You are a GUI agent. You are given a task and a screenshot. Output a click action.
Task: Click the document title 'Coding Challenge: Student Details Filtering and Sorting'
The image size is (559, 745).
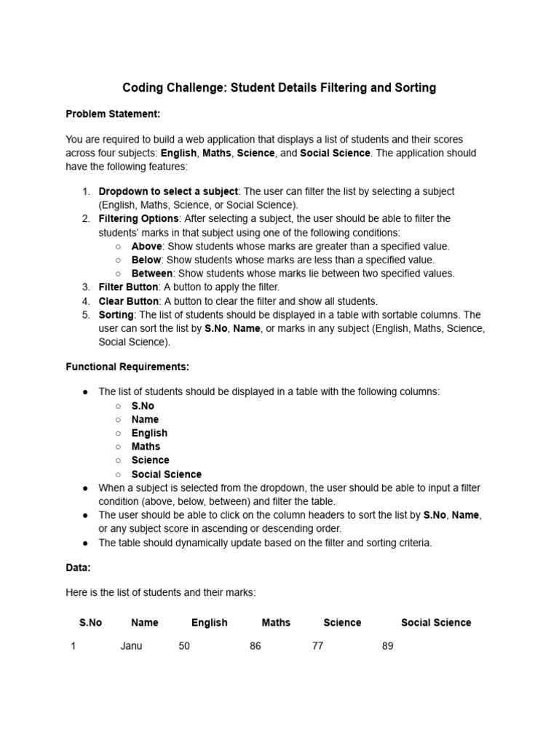click(x=279, y=88)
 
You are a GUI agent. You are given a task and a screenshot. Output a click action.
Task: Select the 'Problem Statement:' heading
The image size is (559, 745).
click(x=113, y=113)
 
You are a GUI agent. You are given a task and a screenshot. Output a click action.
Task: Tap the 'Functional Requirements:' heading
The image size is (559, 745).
click(x=127, y=367)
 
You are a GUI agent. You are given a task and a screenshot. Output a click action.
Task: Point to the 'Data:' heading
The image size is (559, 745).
click(x=78, y=567)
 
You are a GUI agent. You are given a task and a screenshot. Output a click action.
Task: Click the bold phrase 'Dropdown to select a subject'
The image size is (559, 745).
click(x=168, y=191)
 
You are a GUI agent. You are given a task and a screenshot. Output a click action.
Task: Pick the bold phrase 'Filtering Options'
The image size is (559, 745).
click(x=138, y=218)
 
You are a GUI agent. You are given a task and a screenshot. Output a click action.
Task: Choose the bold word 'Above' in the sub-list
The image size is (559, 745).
click(x=147, y=246)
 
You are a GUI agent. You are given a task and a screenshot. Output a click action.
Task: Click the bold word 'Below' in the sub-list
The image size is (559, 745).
click(x=147, y=260)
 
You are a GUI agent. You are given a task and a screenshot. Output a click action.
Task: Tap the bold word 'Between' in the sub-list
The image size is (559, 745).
click(x=151, y=274)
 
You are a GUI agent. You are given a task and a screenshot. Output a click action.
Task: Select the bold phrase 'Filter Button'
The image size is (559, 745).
click(x=128, y=287)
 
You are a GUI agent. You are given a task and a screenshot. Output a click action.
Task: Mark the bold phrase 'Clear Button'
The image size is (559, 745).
click(x=128, y=301)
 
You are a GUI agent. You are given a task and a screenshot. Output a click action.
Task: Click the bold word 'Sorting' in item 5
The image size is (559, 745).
click(x=116, y=315)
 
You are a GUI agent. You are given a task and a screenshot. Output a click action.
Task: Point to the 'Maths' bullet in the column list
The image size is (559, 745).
click(x=146, y=447)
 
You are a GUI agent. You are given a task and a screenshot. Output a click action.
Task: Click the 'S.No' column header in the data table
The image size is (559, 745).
click(x=90, y=623)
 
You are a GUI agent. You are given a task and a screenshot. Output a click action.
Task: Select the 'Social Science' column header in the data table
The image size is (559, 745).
click(x=436, y=623)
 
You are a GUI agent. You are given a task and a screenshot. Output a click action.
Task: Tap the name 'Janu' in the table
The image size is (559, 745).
click(x=131, y=646)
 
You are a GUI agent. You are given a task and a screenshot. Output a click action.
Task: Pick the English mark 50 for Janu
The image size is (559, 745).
click(x=184, y=646)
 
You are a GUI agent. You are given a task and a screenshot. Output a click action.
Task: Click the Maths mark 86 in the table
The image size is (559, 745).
click(x=255, y=646)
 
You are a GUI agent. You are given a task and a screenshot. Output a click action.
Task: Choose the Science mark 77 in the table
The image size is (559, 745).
click(x=317, y=646)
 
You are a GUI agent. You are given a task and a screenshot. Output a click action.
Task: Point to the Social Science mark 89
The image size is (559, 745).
click(x=387, y=646)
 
